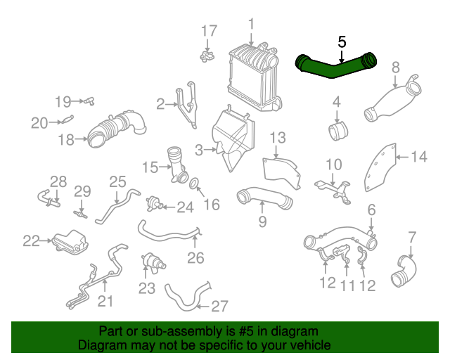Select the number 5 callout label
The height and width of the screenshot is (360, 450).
click(x=342, y=41)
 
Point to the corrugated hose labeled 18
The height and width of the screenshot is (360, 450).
click(x=116, y=129)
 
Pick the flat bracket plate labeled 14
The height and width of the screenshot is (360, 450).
click(x=382, y=167)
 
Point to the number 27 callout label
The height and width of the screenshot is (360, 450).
click(x=220, y=306)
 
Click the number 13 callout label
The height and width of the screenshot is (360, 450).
click(x=277, y=137)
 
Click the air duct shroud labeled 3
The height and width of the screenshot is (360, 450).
click(x=233, y=139)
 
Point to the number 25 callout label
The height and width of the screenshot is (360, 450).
click(x=117, y=182)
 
